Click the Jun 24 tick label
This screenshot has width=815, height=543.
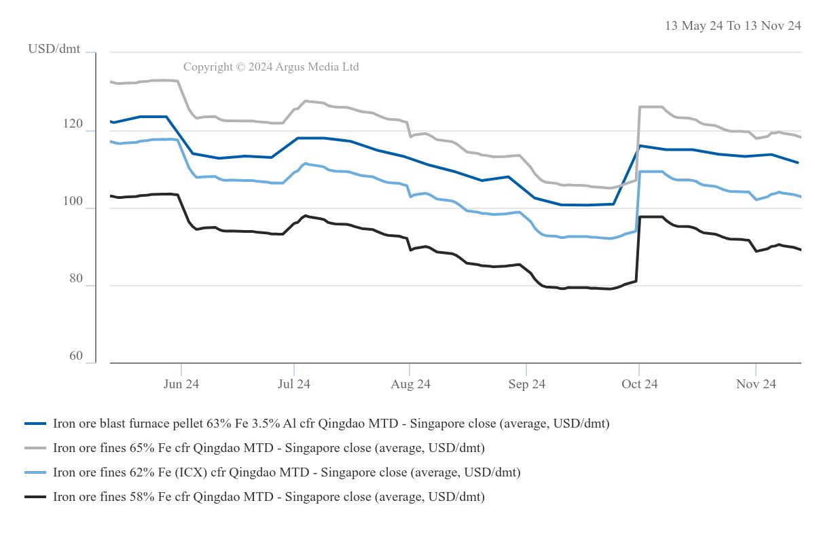coord(181,384)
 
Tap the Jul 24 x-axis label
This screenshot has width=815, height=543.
coord(294,384)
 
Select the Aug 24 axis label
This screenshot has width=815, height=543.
coord(410,384)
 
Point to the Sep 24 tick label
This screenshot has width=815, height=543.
coord(526,384)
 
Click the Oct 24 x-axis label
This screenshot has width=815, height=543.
coord(639,384)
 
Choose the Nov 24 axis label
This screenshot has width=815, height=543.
coord(756,384)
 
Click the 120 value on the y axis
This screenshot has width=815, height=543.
coord(75,124)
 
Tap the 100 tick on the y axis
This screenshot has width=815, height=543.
coord(75,202)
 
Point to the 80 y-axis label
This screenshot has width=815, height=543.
coord(75,279)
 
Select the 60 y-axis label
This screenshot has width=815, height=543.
coord(75,356)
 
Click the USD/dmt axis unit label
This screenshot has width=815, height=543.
coord(54,49)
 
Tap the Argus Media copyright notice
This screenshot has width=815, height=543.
coord(271,67)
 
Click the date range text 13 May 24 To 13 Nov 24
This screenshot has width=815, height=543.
coord(733,26)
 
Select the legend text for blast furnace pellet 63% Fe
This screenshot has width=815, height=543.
coord(331,424)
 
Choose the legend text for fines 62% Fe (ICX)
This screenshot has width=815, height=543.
coord(287,472)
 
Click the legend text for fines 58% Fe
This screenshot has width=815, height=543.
coord(268,497)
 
